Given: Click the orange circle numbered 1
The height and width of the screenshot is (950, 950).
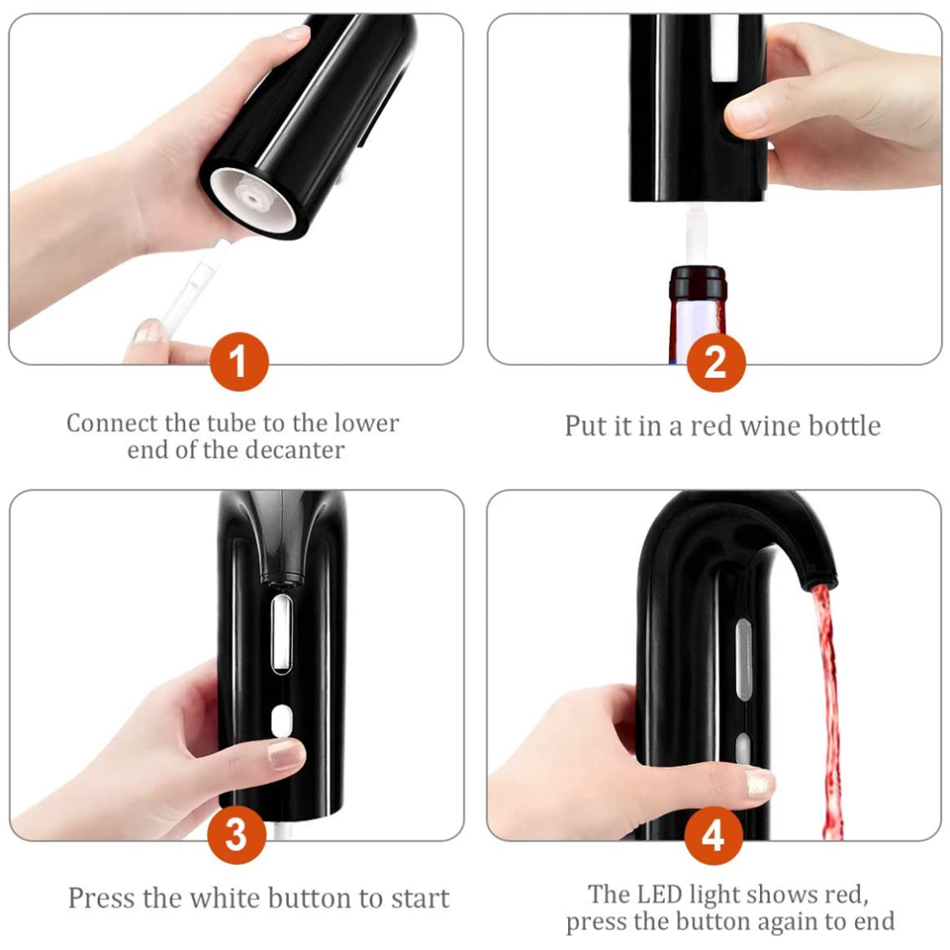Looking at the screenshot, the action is coord(239,362).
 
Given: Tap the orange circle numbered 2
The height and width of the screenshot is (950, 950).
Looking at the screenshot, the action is coord(716,363).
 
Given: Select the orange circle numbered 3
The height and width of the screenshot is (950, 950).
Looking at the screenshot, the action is coord(236,834).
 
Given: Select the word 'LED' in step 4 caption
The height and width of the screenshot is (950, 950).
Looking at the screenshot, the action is coord(663,894).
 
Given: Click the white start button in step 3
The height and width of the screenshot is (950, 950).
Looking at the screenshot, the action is coord(280,722).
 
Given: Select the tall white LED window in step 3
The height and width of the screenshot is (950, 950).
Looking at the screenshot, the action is coord(280,634).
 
